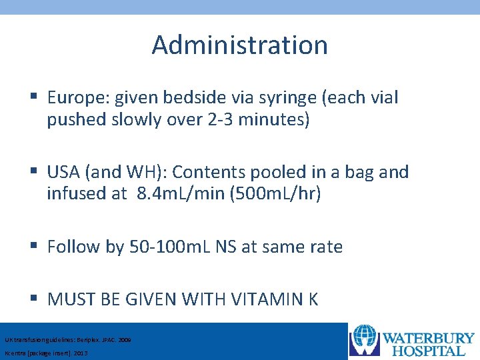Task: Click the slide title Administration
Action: [x=239, y=45]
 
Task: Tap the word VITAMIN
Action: [x=263, y=299]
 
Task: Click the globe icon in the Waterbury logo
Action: [x=364, y=340]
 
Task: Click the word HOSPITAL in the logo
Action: [x=436, y=351]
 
